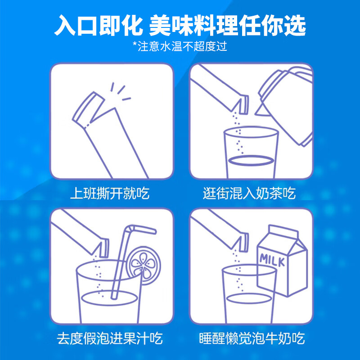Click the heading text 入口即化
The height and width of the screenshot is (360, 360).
tap(97, 26)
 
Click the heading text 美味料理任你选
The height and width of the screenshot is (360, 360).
tap(227, 26)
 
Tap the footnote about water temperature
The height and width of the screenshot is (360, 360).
tap(180, 46)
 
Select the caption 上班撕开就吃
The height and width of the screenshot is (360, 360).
tap(110, 194)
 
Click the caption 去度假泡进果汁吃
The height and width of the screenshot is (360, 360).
tap(110, 338)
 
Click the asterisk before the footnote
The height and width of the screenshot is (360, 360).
tap(135, 45)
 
